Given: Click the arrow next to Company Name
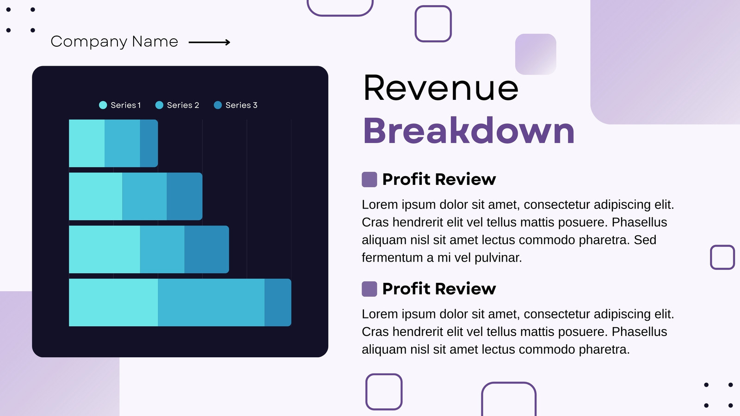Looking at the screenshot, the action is coord(209,42).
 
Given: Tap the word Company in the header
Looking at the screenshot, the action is coord(89,42).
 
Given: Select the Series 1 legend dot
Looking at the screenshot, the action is coord(103,105).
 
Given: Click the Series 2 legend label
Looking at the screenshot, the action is coord(183,105).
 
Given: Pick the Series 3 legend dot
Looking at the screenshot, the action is coord(218,105).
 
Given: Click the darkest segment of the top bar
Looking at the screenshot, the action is coord(148,143).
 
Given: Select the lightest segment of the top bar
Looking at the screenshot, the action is coord(86,143).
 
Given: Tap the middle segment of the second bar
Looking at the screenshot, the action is coord(144,196).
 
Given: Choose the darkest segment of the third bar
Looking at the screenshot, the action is coord(206,249).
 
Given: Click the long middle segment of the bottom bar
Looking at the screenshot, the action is coord(211,302).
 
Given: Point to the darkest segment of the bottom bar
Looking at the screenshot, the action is coord(278,302).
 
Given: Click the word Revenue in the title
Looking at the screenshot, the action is coord(441,88).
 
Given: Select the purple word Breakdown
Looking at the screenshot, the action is coord(469,130).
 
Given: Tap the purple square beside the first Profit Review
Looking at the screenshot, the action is coord(370,180).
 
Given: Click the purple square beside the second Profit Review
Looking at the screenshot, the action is coord(370,289).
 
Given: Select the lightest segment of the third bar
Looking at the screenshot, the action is coord(105,249).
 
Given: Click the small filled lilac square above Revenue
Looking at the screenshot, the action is coord(536,54).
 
